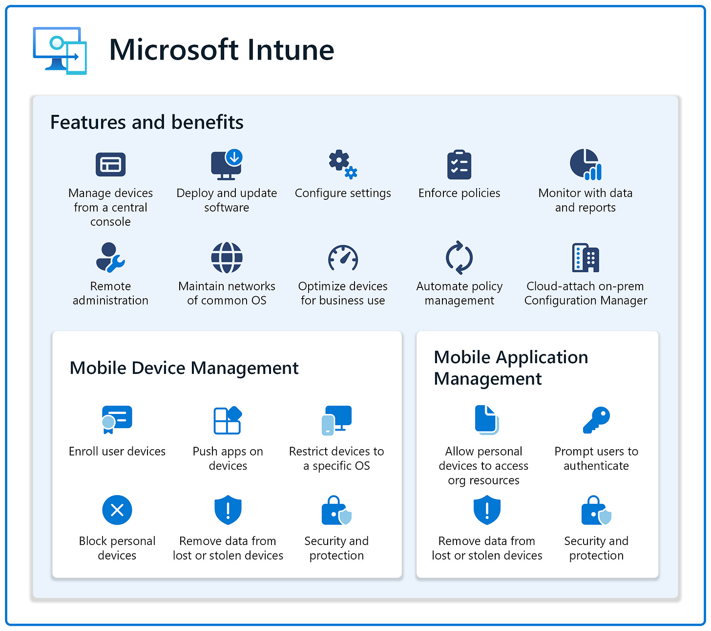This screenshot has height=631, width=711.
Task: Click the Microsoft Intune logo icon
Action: tap(60, 51)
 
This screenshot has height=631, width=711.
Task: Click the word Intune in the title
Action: tap(291, 50)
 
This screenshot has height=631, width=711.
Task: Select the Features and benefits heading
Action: tap(146, 122)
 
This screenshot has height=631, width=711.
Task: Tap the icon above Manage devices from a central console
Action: tap(110, 165)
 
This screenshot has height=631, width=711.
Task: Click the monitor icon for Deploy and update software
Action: tap(227, 165)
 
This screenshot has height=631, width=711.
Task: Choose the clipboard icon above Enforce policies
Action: tap(459, 165)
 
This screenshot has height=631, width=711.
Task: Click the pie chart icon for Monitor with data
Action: tap(585, 165)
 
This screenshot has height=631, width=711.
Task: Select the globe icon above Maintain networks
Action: tap(227, 258)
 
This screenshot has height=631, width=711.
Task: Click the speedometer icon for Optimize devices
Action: tap(343, 258)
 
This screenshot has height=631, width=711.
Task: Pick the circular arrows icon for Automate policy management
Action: tap(459, 258)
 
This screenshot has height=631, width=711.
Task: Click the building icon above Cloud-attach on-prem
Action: tap(585, 258)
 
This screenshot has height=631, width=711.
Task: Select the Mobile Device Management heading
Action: tap(184, 368)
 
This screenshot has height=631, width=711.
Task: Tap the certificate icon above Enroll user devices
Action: tap(117, 419)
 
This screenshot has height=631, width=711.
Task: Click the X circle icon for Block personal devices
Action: tap(117, 510)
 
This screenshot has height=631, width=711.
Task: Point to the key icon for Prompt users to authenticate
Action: tap(596, 419)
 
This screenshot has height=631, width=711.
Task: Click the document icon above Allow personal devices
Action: tap(486, 419)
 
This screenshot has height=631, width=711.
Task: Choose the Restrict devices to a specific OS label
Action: tap(336, 458)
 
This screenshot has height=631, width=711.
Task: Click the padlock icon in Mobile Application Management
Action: tap(596, 511)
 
